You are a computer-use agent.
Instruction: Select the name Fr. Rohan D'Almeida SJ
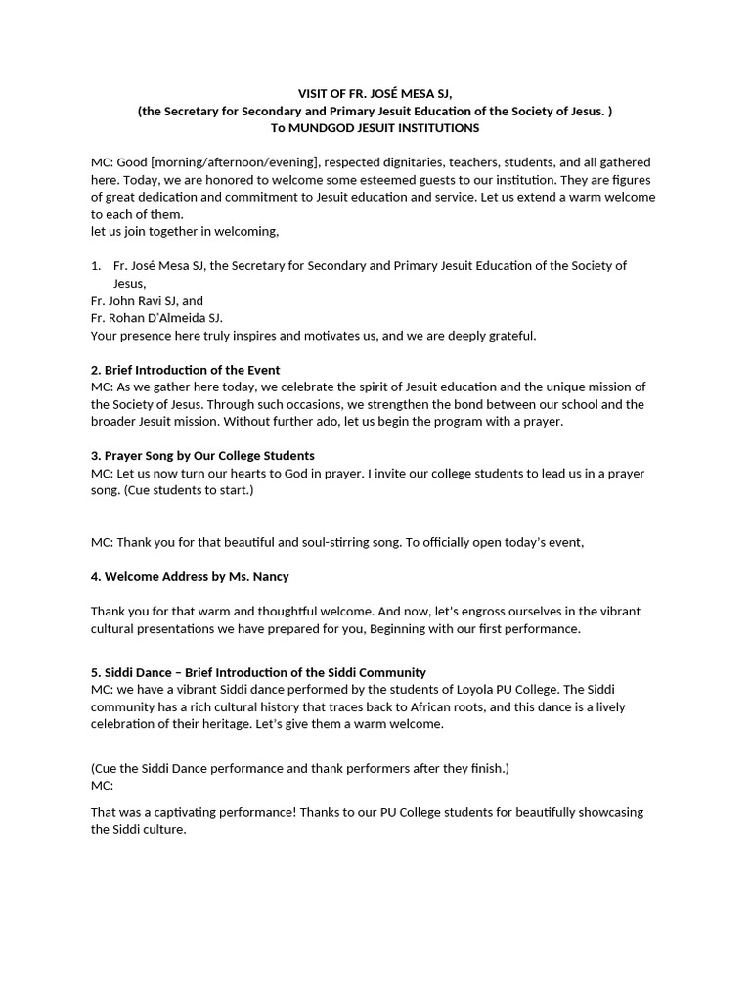tap(156, 318)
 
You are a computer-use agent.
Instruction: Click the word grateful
tap(510, 336)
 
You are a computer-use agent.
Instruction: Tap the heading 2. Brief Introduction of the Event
tap(185, 370)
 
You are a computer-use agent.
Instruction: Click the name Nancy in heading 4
tap(270, 576)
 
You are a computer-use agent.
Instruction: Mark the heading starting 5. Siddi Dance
tap(258, 672)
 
